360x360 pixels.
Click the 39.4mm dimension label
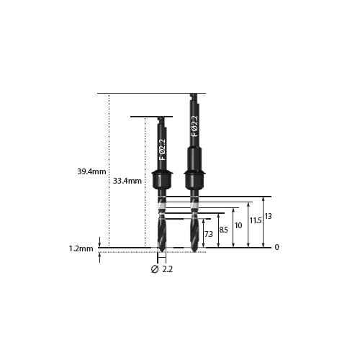[91, 171]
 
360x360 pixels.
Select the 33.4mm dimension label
[127, 181]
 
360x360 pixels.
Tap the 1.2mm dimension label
[81, 248]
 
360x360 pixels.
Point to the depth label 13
[268, 216]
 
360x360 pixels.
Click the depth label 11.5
[256, 220]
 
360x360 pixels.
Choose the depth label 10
[238, 225]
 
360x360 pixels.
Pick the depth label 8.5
[223, 230]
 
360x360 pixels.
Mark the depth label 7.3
[209, 234]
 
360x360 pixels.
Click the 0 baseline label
[276, 247]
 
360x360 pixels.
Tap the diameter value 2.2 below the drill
[168, 269]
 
